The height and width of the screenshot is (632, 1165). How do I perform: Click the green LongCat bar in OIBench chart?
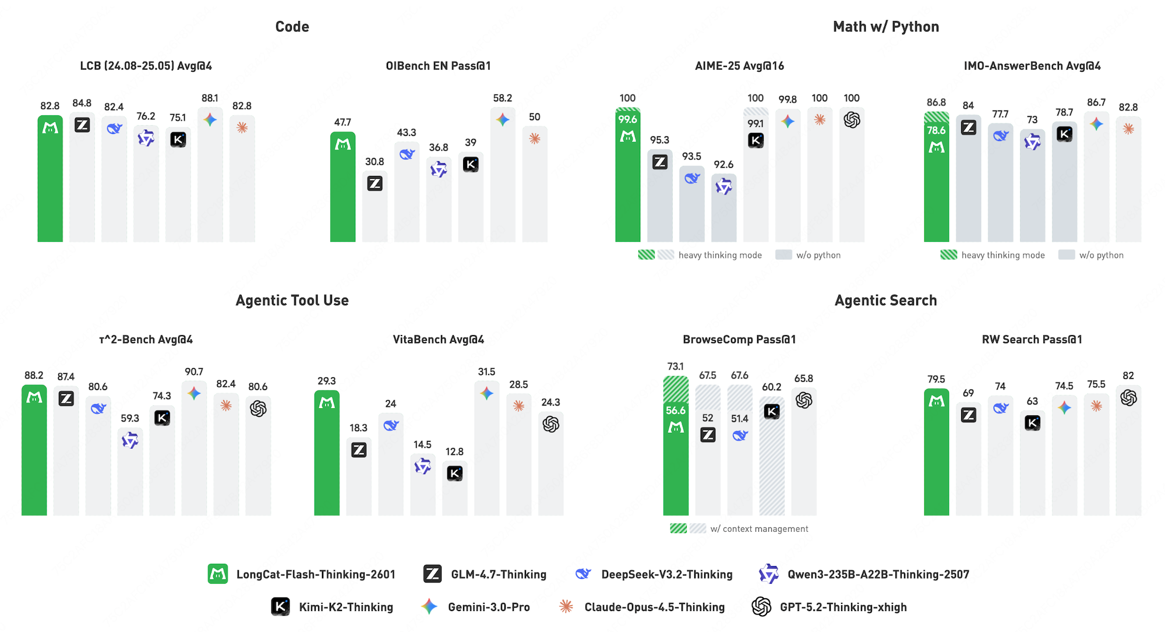pyautogui.click(x=343, y=192)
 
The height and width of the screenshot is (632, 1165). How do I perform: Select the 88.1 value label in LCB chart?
pyautogui.click(x=210, y=98)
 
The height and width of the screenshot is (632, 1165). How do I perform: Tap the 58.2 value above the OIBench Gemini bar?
pyautogui.click(x=502, y=98)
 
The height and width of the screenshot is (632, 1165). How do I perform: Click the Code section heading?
pyautogui.click(x=292, y=27)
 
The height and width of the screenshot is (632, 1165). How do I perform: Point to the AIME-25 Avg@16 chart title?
pyautogui.click(x=739, y=66)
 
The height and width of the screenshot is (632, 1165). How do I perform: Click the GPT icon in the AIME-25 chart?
pyautogui.click(x=852, y=120)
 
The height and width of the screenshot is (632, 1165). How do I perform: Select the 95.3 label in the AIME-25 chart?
pyautogui.click(x=659, y=140)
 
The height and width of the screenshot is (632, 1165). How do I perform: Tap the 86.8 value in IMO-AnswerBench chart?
pyautogui.click(x=936, y=103)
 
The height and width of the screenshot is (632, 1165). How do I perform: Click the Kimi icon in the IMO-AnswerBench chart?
pyautogui.click(x=1064, y=135)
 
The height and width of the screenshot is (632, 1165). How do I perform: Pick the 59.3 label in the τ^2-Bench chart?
pyautogui.click(x=130, y=418)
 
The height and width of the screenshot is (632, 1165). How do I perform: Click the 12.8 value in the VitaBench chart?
pyautogui.click(x=454, y=452)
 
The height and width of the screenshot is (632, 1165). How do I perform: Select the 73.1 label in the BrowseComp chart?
pyautogui.click(x=675, y=366)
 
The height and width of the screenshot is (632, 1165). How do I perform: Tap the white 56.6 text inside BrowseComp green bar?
pyautogui.click(x=676, y=411)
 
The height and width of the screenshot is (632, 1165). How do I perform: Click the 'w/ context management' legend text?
pyautogui.click(x=759, y=529)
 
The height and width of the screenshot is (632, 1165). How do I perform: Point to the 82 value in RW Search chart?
pyautogui.click(x=1128, y=376)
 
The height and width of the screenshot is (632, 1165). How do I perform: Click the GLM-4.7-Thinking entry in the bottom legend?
pyautogui.click(x=498, y=574)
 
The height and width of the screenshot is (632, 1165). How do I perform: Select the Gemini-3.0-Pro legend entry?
pyautogui.click(x=488, y=607)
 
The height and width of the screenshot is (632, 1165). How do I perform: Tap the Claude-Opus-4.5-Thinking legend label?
pyautogui.click(x=654, y=607)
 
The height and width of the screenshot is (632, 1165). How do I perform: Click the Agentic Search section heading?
pyautogui.click(x=885, y=301)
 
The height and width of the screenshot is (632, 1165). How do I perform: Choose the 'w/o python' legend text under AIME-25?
pyautogui.click(x=818, y=255)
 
